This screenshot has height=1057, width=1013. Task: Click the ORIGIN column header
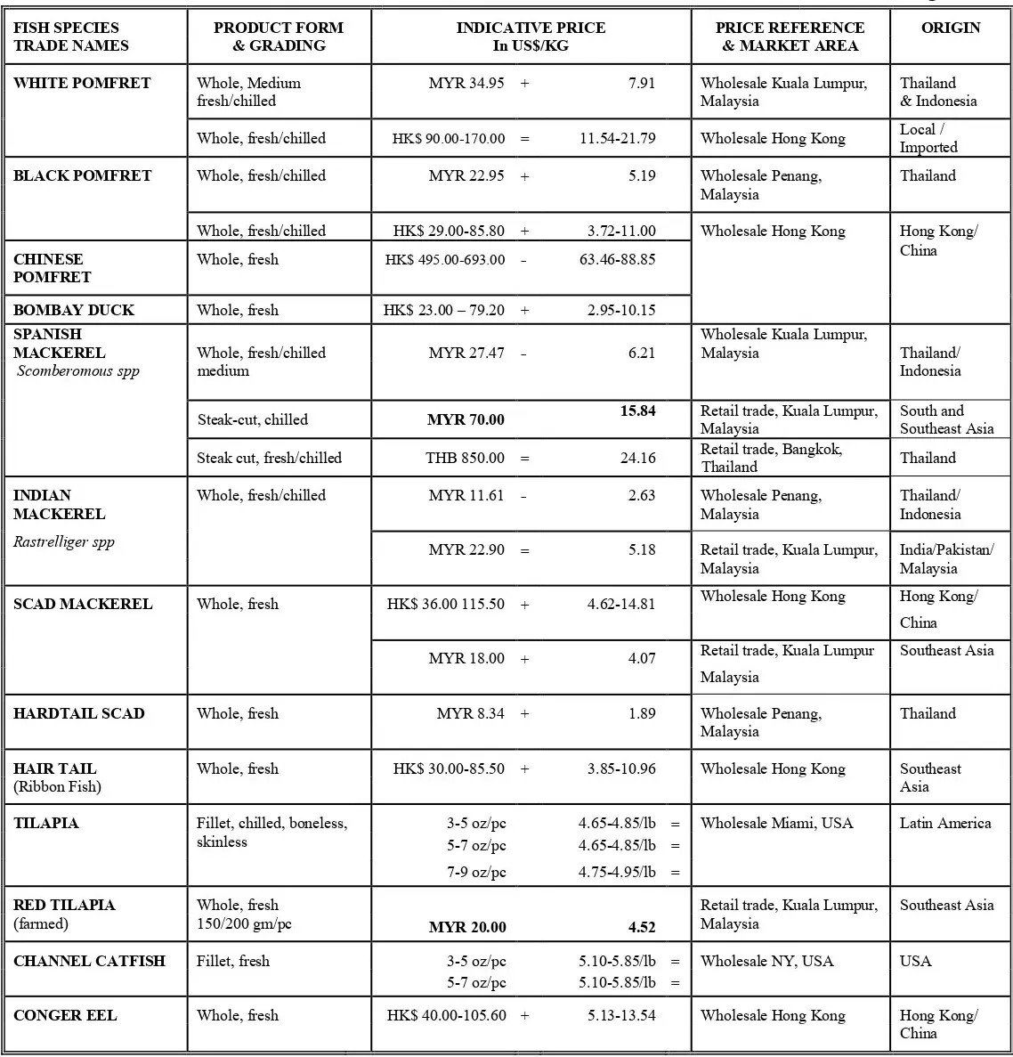(951, 28)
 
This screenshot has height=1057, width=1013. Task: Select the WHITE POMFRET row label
(82, 83)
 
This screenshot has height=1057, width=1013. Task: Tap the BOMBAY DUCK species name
(74, 310)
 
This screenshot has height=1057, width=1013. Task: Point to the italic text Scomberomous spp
(78, 371)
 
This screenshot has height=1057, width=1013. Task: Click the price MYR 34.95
(466, 83)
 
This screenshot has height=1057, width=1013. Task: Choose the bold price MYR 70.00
(466, 420)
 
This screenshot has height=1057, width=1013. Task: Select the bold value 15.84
(637, 411)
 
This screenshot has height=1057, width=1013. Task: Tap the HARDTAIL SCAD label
(78, 713)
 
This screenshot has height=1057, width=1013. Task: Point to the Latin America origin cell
(944, 823)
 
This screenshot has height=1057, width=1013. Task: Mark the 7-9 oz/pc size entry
(476, 872)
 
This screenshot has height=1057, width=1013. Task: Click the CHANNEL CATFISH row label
(89, 961)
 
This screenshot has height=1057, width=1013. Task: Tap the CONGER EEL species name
(65, 1015)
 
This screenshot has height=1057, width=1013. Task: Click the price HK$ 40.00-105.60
(446, 1015)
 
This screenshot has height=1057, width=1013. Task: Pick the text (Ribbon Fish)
(57, 786)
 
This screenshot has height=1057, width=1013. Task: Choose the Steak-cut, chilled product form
(253, 419)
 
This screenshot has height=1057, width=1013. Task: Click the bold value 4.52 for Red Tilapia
(641, 927)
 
